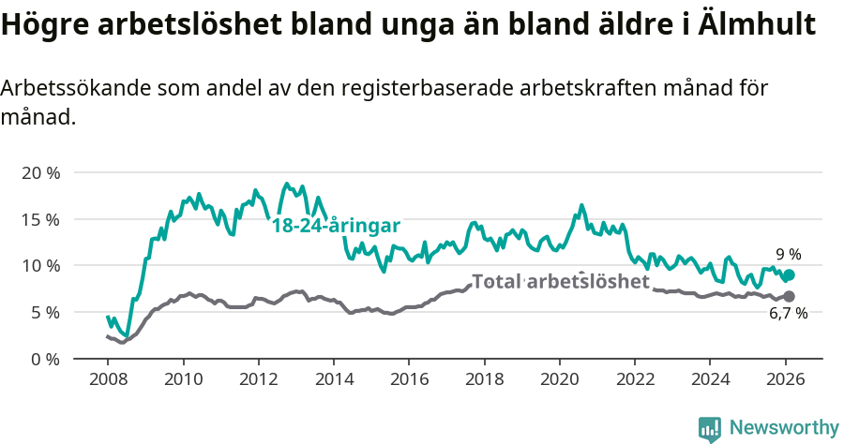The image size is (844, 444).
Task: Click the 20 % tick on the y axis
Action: pos(40,173)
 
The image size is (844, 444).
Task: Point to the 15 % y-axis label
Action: pos(40,219)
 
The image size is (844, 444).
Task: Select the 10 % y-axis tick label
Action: pos(40,266)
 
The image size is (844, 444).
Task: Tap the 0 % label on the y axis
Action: pos(44,359)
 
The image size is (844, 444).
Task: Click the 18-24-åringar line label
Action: pos(336,226)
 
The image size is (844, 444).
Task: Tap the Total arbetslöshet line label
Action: pos(560,282)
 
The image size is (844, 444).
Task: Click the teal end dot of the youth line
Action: pos(790,275)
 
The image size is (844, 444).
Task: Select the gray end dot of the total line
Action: pos(789,296)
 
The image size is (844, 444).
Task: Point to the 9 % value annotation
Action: pos(788,254)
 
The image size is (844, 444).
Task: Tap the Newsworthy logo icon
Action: pos(710,428)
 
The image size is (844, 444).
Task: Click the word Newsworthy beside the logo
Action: pos(784,428)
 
